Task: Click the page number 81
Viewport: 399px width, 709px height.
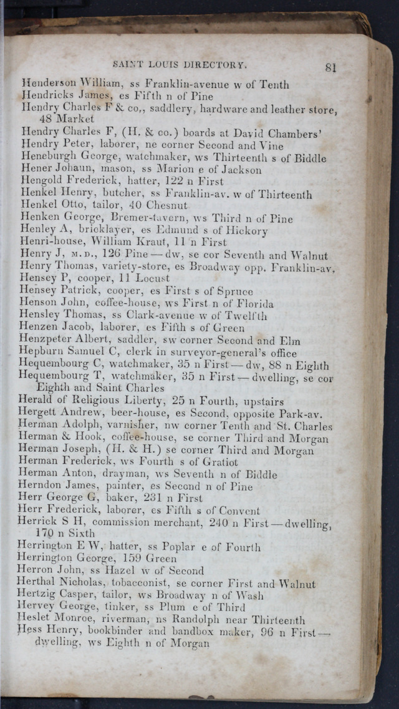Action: coord(330,67)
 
